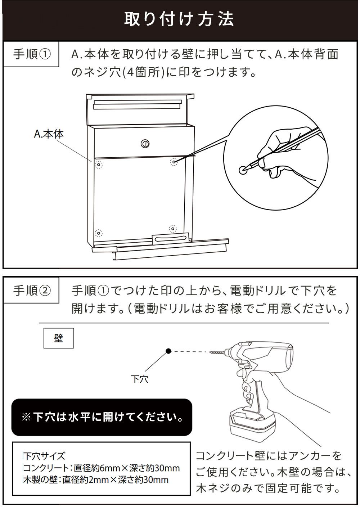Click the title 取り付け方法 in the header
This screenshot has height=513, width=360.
179,19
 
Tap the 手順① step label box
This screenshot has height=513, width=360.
31,54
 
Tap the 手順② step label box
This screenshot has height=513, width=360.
31,290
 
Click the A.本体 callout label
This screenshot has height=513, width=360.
49,134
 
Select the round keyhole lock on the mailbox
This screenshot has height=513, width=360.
145,144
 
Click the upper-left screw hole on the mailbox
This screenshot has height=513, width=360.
99,165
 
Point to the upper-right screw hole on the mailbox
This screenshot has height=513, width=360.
174,162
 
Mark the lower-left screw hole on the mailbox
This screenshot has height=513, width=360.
99,232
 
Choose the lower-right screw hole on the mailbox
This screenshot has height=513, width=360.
173,229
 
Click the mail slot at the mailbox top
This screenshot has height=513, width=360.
136,104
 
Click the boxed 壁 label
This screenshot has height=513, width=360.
58,338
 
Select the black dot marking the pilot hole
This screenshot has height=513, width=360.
168,351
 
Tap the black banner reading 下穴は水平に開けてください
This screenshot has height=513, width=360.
102,417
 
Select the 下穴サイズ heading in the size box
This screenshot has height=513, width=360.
44,456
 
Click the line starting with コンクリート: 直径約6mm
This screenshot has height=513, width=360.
101,468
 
